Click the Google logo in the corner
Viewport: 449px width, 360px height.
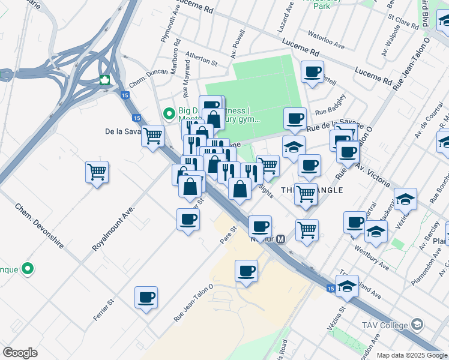[x=20, y=353]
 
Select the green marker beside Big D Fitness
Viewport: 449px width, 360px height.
[x=169, y=112]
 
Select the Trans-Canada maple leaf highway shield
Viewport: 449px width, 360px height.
[x=104, y=80]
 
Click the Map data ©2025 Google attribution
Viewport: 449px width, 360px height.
[x=412, y=355]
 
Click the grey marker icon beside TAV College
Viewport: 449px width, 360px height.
[x=417, y=326]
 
